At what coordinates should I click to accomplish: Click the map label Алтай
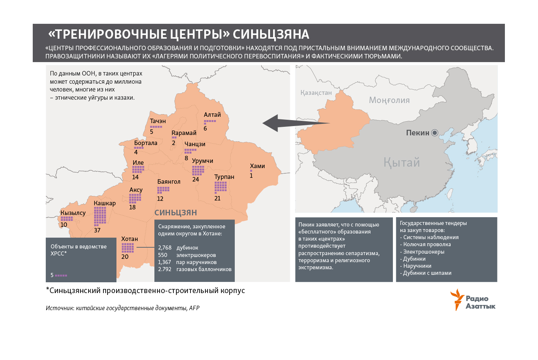click(212, 115)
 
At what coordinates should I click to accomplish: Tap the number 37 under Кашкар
click(97, 230)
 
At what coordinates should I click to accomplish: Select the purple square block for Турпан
click(221, 187)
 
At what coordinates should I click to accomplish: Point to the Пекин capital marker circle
click(435, 133)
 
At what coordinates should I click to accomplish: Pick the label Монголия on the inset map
click(389, 100)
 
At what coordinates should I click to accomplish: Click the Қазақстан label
click(316, 93)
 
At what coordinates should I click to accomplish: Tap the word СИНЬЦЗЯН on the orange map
click(176, 212)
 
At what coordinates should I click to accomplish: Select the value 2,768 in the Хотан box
click(164, 248)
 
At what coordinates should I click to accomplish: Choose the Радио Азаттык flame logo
click(457, 299)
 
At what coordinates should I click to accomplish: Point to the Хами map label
click(257, 166)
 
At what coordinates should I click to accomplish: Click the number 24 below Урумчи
click(196, 179)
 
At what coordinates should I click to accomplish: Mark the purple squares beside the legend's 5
click(61, 276)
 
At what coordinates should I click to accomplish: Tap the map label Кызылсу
click(73, 213)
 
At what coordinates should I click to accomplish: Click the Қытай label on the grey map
click(401, 163)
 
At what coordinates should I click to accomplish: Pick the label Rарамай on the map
click(184, 133)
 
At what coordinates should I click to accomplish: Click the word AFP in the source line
click(194, 308)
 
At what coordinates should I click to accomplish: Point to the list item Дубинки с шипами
click(427, 273)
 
